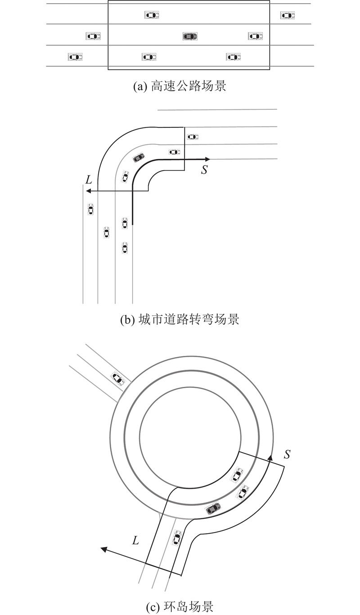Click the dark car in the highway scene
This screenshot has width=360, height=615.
190,36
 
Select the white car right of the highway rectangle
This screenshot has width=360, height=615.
287,15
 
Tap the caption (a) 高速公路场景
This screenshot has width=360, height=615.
180,86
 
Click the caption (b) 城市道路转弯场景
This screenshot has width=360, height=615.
180,320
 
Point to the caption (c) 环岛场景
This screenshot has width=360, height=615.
180,607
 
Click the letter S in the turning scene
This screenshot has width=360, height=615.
204,171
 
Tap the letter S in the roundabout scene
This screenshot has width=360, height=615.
287,454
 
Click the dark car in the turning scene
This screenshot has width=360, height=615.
138,157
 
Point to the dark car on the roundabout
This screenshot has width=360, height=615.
213,508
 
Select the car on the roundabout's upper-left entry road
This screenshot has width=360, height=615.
117,378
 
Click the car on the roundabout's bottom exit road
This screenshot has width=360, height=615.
177,538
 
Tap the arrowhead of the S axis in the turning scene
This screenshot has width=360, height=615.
208,159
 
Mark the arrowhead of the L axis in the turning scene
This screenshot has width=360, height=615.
89,191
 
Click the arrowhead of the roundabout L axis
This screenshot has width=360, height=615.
103,549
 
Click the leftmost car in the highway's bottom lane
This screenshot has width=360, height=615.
75,57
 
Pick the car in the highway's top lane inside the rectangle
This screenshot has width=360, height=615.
152,15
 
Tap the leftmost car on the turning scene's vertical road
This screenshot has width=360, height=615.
90,209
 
